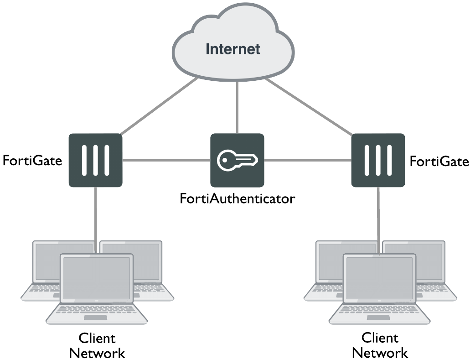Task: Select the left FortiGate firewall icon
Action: coord(95,160)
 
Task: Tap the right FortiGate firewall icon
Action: coord(378,160)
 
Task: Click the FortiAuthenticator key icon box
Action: coord(237,160)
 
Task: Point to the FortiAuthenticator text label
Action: coord(237,199)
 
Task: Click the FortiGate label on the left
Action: coord(32,161)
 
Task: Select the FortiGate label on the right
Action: coord(439,161)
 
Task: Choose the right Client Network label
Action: coord(380,345)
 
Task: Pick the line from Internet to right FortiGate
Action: coord(310,107)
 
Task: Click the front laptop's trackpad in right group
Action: coord(379,317)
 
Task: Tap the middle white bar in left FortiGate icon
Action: coord(95,160)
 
